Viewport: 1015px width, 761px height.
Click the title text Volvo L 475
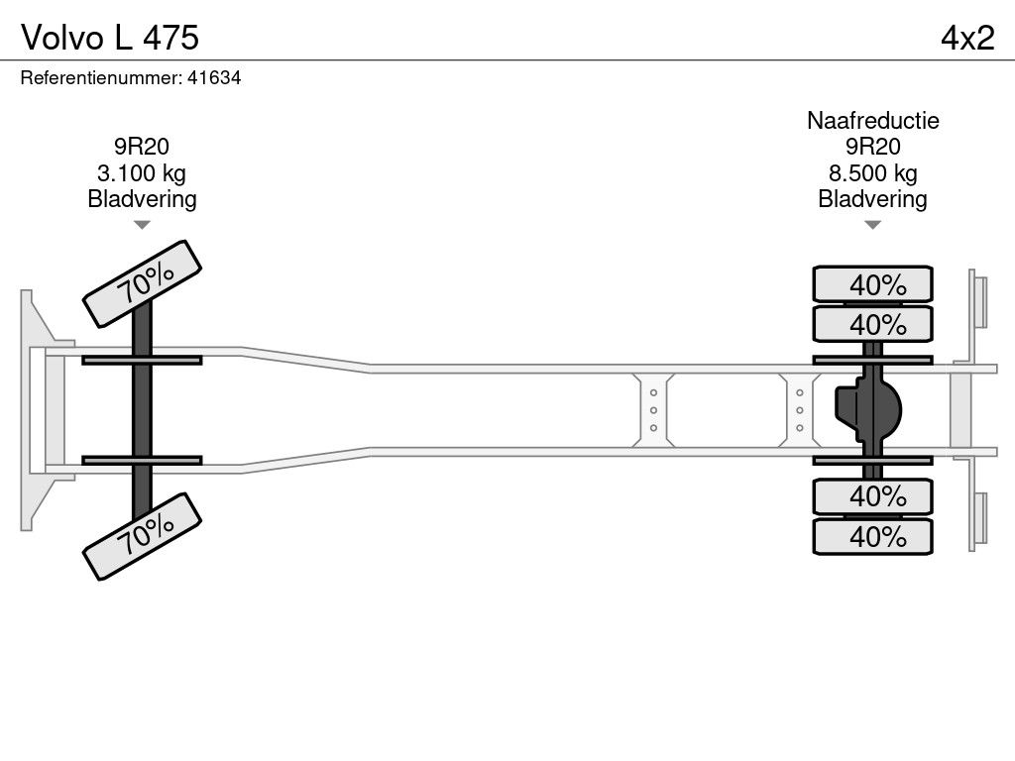coord(110,37)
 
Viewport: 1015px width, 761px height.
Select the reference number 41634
coord(214,78)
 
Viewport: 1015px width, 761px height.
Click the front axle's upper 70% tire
coord(142,283)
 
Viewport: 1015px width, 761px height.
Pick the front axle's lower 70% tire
coord(142,535)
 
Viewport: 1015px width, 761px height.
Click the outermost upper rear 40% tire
coord(872,284)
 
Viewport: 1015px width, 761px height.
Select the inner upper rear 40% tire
coord(872,324)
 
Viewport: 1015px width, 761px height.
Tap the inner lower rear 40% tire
coord(872,495)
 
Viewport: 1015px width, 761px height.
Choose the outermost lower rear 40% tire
coord(872,536)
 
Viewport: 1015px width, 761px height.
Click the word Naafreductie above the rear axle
coord(872,121)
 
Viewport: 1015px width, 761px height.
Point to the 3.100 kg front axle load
coord(142,173)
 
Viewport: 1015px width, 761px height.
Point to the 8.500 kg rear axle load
coord(872,173)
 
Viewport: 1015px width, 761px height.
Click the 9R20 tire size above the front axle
coord(142,148)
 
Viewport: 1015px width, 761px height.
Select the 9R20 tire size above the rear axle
coord(872,148)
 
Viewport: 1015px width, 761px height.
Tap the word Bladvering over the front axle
coord(142,199)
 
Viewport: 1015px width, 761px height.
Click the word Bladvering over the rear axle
coord(872,199)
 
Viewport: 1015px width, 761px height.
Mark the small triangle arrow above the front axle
coord(142,225)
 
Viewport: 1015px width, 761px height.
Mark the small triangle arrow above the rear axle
coord(872,225)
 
